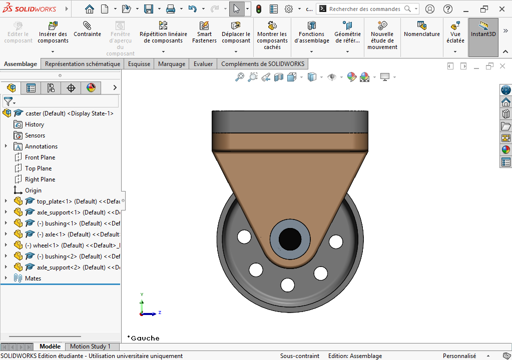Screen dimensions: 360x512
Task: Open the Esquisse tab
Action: (139, 64)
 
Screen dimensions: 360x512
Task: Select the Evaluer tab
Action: (203, 64)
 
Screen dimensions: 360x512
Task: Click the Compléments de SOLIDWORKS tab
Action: (262, 64)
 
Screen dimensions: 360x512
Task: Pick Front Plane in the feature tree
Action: (40, 157)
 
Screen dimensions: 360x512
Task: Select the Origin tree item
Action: (33, 190)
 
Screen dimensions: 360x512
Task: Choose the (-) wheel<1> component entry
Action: (54, 245)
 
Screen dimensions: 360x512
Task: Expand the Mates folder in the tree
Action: (6, 278)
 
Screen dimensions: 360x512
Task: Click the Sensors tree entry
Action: (35, 135)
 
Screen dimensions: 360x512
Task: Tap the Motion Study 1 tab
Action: (90, 346)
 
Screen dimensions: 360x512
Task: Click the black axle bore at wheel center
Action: (290, 238)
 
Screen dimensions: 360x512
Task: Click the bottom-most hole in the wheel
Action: (288, 284)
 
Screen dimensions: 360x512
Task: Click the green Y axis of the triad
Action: (142, 303)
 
